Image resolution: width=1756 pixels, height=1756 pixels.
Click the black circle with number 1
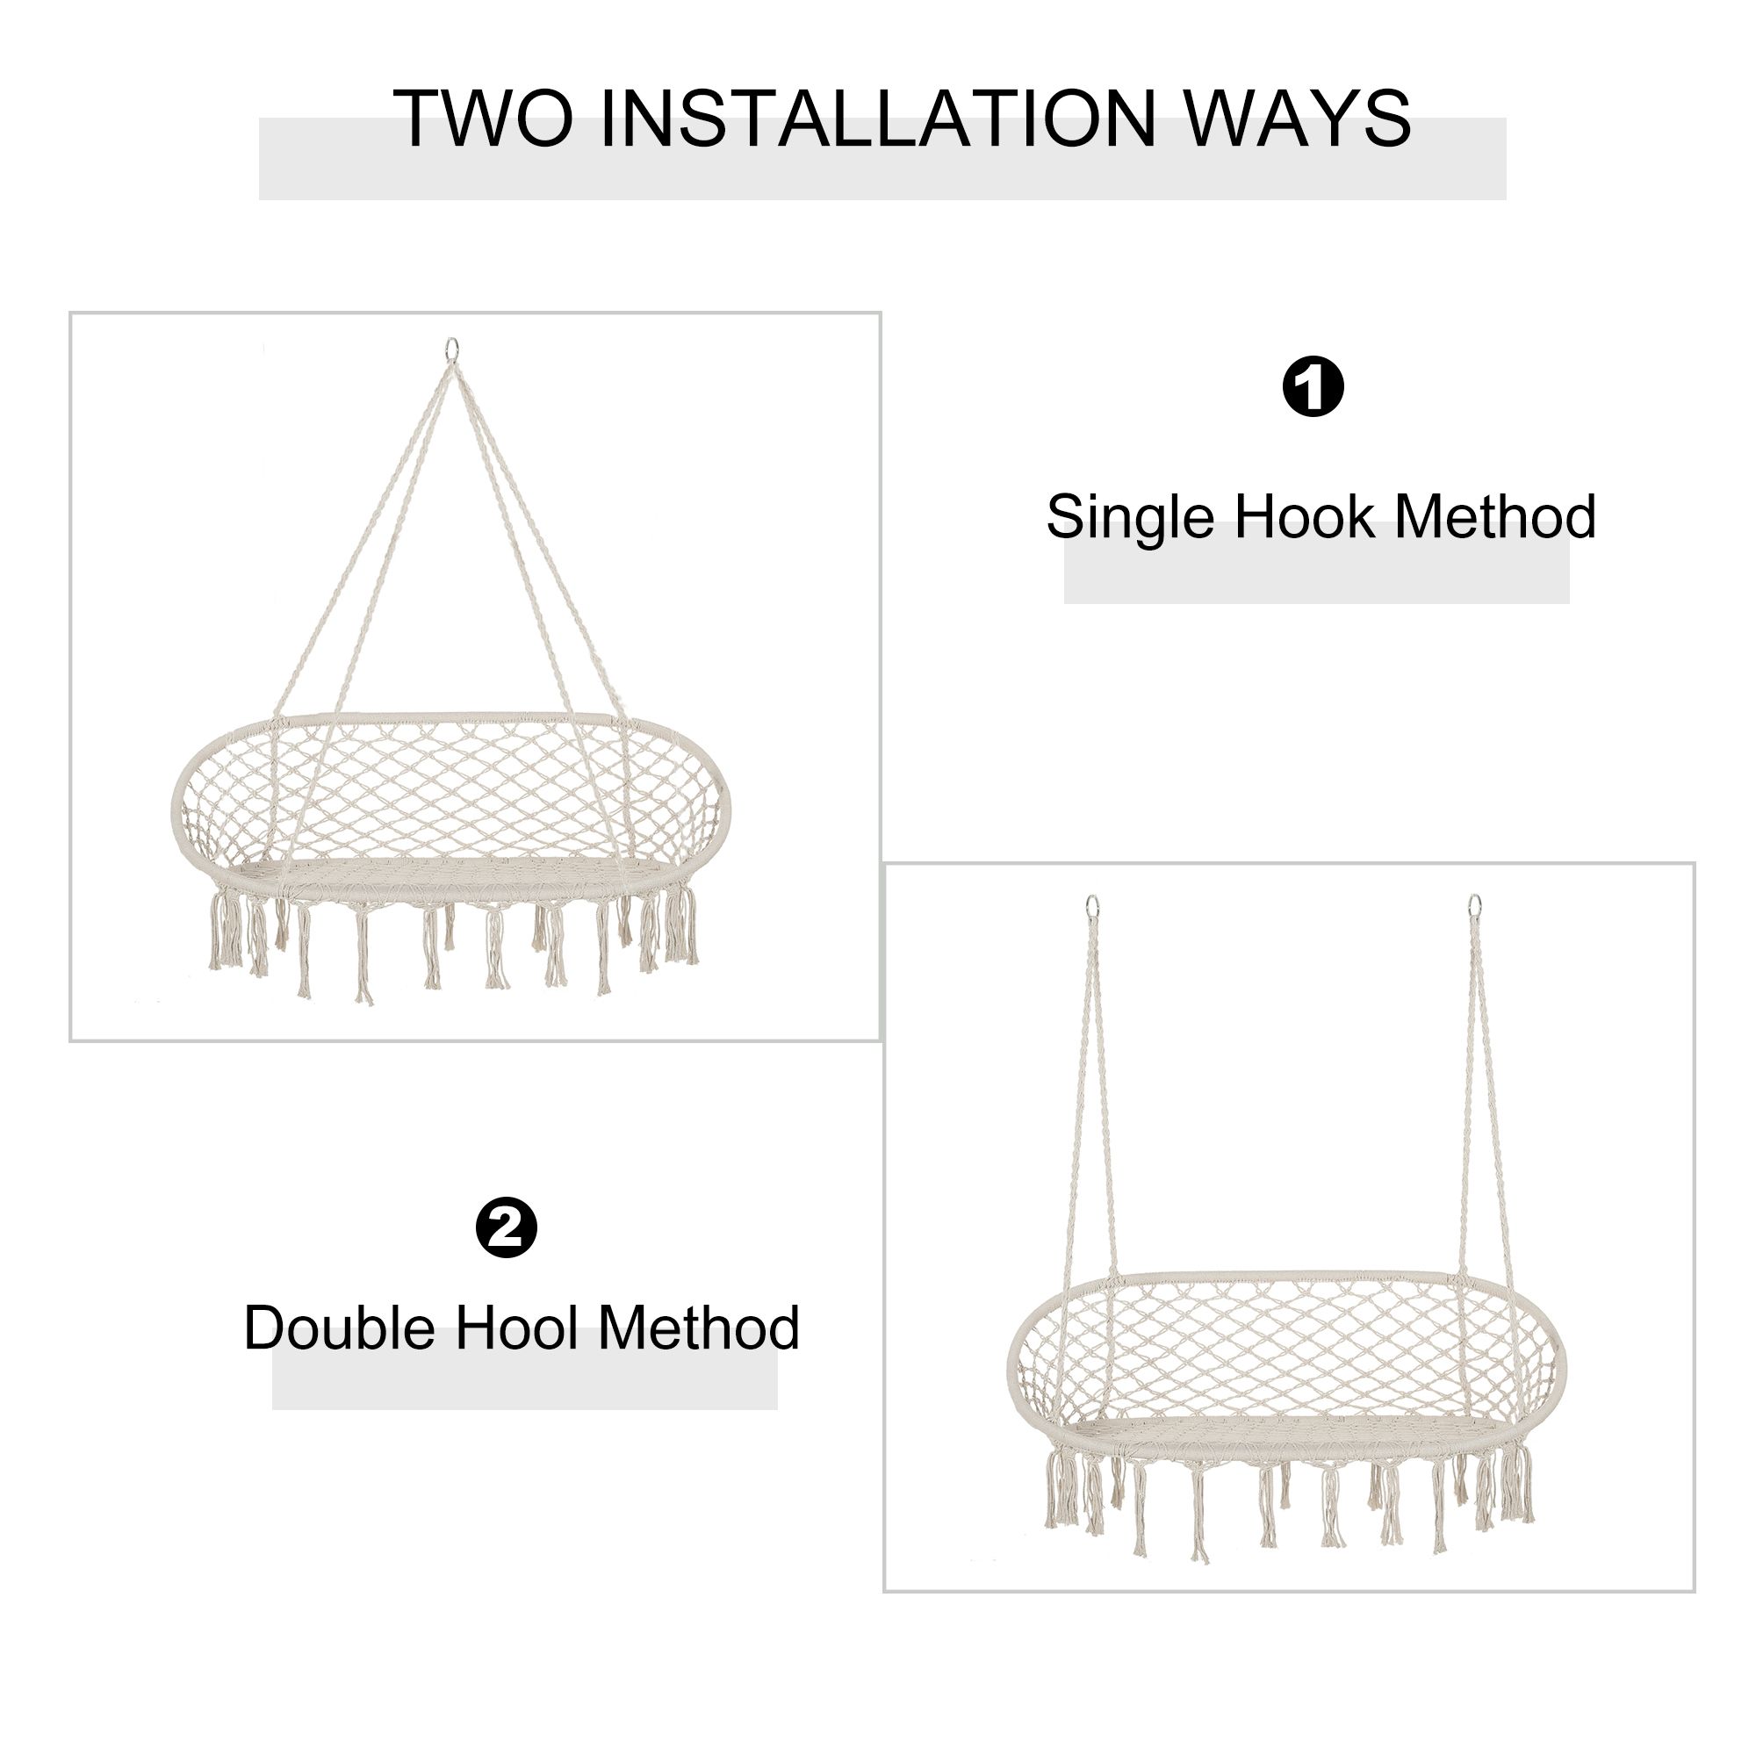1313,386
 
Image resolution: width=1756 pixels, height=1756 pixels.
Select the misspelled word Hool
516,1328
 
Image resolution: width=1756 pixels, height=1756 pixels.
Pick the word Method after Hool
699,1328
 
